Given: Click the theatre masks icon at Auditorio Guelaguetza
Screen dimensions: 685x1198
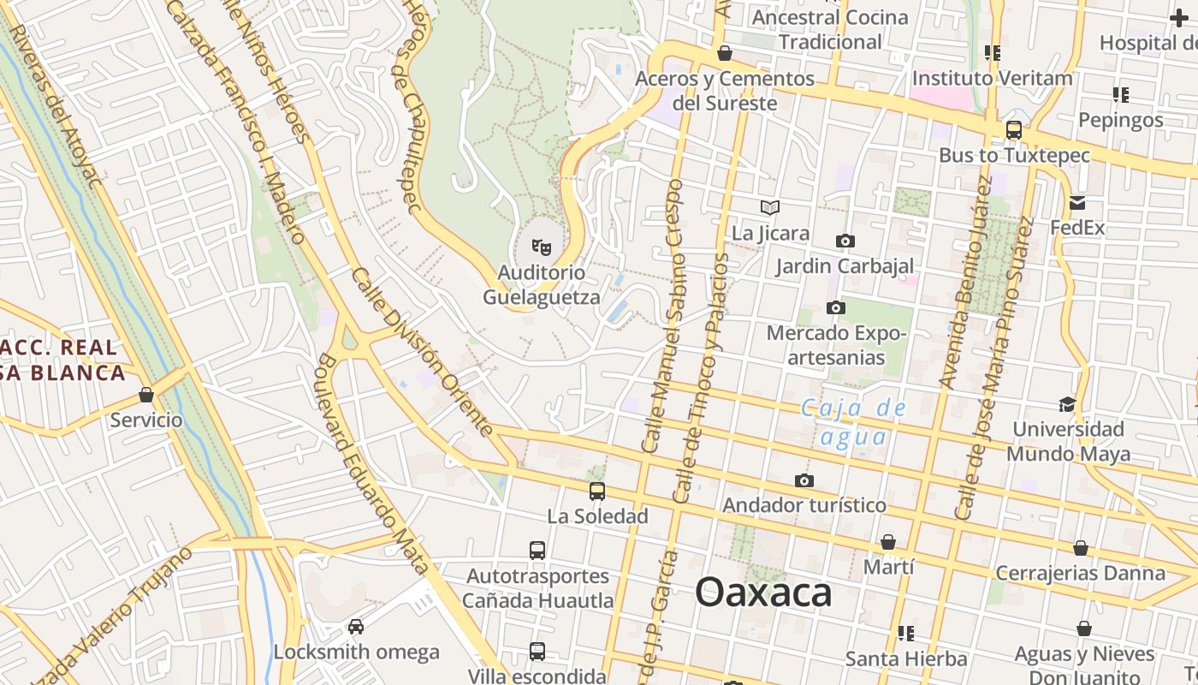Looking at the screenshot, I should (541, 247).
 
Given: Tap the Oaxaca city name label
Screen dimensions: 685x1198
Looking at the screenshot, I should (763, 592).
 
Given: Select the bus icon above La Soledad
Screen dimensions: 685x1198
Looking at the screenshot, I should (597, 491).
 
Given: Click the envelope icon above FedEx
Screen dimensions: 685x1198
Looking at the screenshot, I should (1076, 203).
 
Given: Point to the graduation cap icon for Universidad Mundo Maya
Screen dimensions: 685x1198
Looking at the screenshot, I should (1066, 404).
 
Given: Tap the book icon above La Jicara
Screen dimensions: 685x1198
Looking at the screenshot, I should (770, 207).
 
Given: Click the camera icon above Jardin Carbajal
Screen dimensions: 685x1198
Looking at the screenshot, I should (845, 241).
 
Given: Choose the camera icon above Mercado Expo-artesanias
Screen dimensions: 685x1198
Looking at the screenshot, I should (836, 307).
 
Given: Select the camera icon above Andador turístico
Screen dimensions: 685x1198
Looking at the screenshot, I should (804, 480).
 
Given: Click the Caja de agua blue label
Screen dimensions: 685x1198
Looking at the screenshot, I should (852, 422).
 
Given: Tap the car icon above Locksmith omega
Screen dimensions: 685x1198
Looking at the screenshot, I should (356, 627).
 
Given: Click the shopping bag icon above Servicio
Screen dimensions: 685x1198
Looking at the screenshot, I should (146, 396).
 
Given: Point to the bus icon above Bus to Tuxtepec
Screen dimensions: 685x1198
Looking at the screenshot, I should (1014, 130).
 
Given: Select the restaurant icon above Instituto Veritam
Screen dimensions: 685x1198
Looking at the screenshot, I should (993, 53).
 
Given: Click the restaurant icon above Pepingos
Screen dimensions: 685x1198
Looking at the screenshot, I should (1121, 94).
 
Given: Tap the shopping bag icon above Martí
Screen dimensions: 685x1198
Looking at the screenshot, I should (888, 542).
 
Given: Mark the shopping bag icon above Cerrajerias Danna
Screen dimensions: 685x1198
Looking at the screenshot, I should (1081, 548).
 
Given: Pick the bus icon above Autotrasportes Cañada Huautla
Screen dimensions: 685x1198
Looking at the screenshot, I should (537, 551).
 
